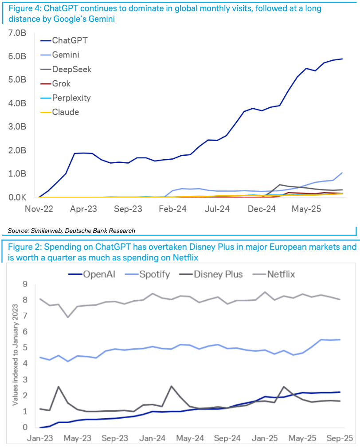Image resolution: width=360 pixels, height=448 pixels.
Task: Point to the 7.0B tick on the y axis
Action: pos(17,33)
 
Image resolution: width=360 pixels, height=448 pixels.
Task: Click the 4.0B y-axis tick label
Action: pos(17,103)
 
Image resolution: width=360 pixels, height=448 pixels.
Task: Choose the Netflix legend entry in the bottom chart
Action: pos(281,274)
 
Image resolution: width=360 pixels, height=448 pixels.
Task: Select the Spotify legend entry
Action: pos(154,274)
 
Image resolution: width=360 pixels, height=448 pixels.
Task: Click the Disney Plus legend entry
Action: pos(218,274)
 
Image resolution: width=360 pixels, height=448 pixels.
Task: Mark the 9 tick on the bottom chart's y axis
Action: pos(25,284)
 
